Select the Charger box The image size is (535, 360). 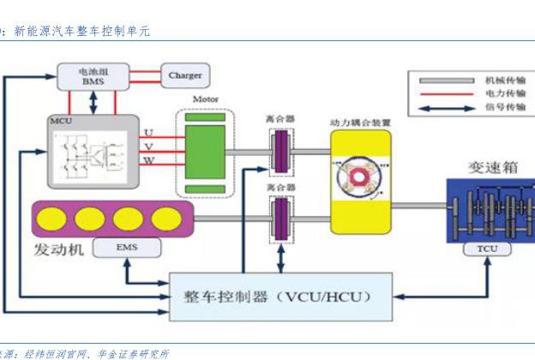[x=184, y=75]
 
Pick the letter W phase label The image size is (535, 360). [x=148, y=161]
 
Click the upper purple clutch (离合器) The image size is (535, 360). [x=280, y=152]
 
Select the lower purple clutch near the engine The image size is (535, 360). [x=280, y=216]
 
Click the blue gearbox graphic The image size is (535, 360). [x=485, y=211]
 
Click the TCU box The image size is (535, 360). [x=485, y=249]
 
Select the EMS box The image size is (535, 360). [x=125, y=249]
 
